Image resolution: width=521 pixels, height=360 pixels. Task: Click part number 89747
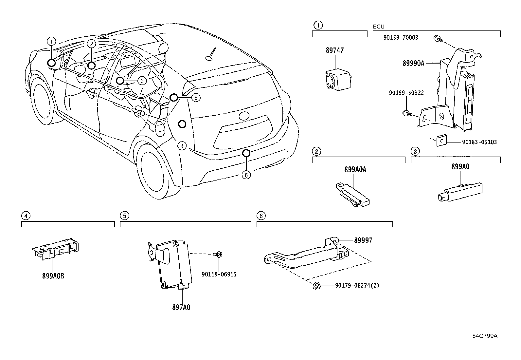pos(334,51)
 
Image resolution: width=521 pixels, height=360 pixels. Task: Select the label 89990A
pos(413,64)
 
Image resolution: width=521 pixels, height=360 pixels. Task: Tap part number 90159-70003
pos(401,38)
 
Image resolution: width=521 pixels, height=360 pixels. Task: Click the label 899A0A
pos(355,169)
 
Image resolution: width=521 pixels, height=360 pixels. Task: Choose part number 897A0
pos(181,307)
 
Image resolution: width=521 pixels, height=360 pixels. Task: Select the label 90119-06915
pos(219,275)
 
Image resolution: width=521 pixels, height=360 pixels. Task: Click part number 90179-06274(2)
pos(357,286)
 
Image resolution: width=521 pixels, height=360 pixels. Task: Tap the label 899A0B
pos(53,276)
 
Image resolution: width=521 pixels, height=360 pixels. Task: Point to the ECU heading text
pos(379,27)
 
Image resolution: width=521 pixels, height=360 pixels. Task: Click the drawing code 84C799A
pos(485,336)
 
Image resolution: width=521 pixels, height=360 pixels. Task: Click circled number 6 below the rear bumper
pos(246,175)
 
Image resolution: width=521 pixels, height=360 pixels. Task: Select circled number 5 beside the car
pos(195,97)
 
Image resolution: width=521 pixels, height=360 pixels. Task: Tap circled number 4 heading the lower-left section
pos(26,216)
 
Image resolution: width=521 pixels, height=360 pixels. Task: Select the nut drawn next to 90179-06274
pos(316,286)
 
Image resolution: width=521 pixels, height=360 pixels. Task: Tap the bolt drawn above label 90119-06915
pos(218,254)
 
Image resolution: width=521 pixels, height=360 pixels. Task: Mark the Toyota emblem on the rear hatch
pos(244,116)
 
